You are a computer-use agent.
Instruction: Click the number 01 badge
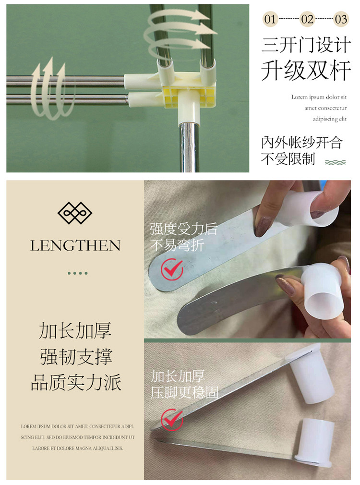270,19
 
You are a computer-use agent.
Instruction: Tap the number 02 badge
307,19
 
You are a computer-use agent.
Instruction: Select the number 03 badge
341,19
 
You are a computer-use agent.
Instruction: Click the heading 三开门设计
306,45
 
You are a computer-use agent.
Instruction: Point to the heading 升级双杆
306,71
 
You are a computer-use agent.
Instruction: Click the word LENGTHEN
75,245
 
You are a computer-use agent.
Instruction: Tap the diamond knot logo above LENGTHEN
75,213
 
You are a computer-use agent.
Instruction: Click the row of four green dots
78,273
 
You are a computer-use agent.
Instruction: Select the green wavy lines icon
335,162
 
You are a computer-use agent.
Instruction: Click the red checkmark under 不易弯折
172,269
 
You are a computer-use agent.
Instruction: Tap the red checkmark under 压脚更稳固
172,419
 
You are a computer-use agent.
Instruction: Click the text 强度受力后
184,229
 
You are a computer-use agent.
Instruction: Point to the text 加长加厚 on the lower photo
178,376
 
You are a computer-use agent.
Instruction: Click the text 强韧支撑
76,357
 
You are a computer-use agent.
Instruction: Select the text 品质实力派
76,383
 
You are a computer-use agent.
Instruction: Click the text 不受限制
288,159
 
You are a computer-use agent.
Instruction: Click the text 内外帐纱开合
302,143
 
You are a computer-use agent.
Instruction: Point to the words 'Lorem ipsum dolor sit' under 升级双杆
319,97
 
